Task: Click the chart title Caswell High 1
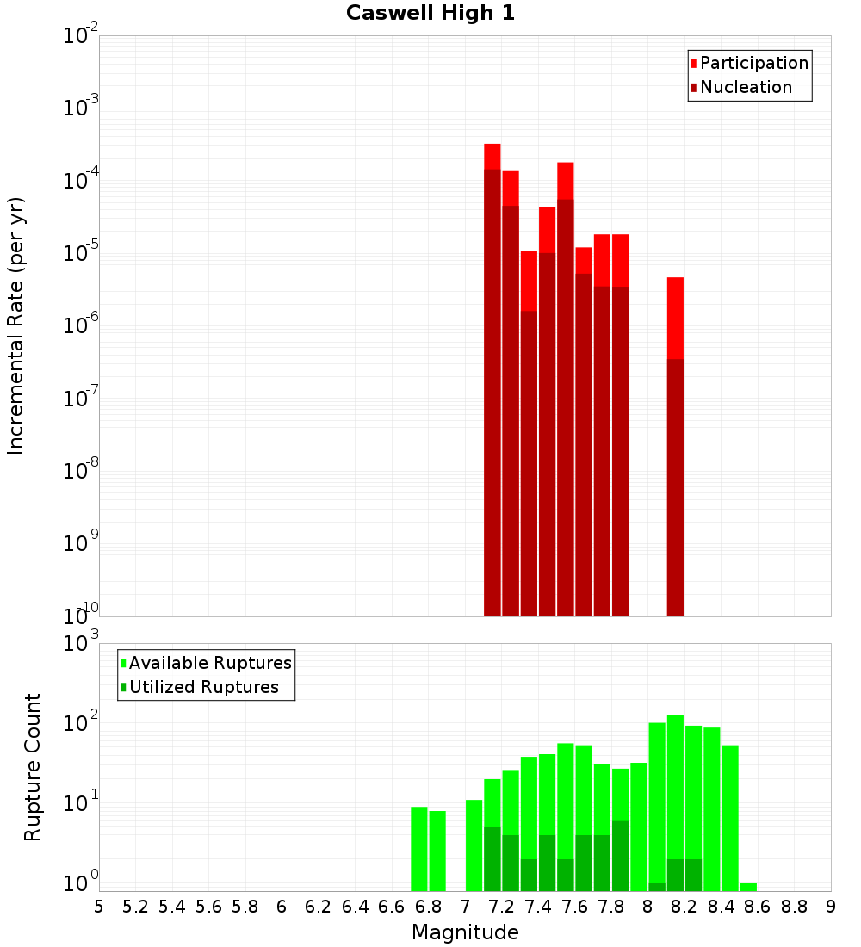coord(430,14)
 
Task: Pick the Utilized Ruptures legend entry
coord(203,687)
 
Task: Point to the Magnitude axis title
coord(465,932)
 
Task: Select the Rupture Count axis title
coord(33,767)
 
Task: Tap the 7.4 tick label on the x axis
coord(538,907)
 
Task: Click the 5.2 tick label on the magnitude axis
coord(136,907)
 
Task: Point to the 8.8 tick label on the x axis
coord(794,907)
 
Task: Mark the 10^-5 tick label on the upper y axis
coord(81,254)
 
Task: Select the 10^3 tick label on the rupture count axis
coord(81,644)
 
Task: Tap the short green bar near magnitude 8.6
coord(748,887)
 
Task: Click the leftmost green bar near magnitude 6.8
coord(419,848)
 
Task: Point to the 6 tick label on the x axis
coord(282,907)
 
